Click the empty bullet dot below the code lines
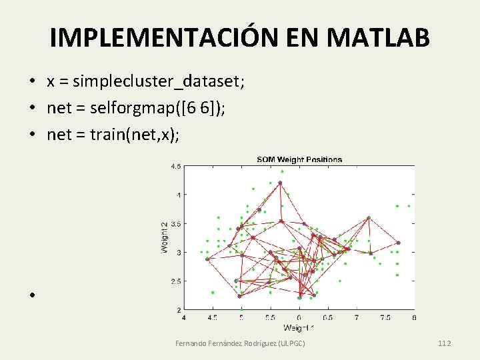[x=31, y=294]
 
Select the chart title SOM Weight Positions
[x=299, y=159]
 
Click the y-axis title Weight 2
[x=164, y=237]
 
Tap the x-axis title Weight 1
[x=299, y=328]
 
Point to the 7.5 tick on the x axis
[x=385, y=318]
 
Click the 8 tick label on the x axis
[x=414, y=318]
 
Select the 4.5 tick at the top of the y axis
[x=176, y=166]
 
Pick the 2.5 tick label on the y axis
[x=176, y=281]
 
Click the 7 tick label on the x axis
[x=357, y=318]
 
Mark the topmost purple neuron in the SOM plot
[x=280, y=182]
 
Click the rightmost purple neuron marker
[x=398, y=243]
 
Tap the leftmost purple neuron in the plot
[x=207, y=259]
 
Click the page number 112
[x=445, y=343]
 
